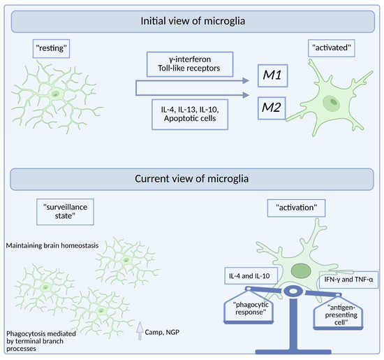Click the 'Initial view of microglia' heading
191,22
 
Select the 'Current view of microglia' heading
191,180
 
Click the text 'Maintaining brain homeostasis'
52,245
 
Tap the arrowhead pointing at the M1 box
246,80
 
